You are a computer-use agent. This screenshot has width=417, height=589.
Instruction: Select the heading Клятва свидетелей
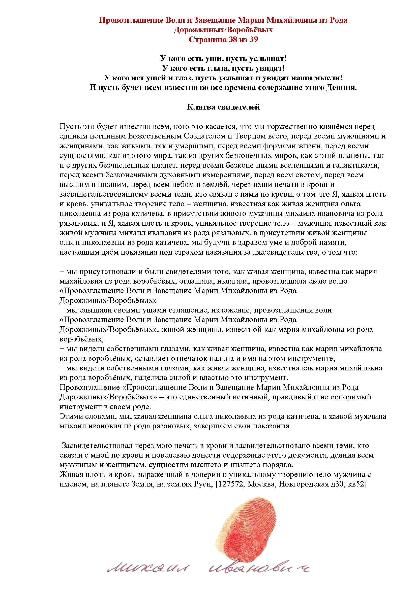tap(223, 107)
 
